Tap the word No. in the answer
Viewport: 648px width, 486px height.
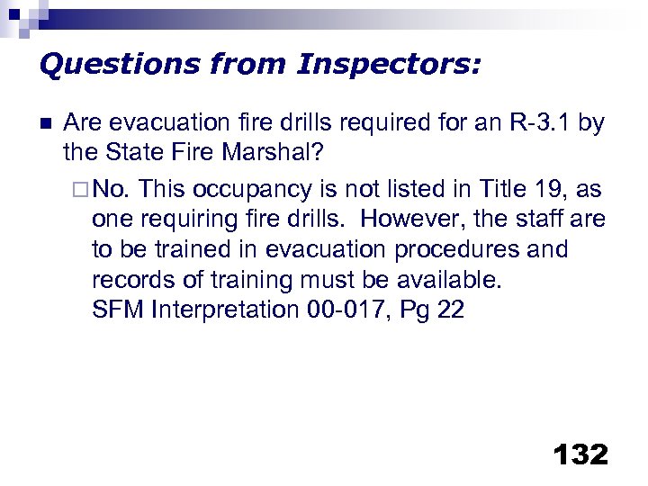[x=113, y=189]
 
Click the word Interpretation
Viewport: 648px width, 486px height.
[x=225, y=310]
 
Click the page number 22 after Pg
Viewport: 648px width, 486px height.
[x=450, y=310]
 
